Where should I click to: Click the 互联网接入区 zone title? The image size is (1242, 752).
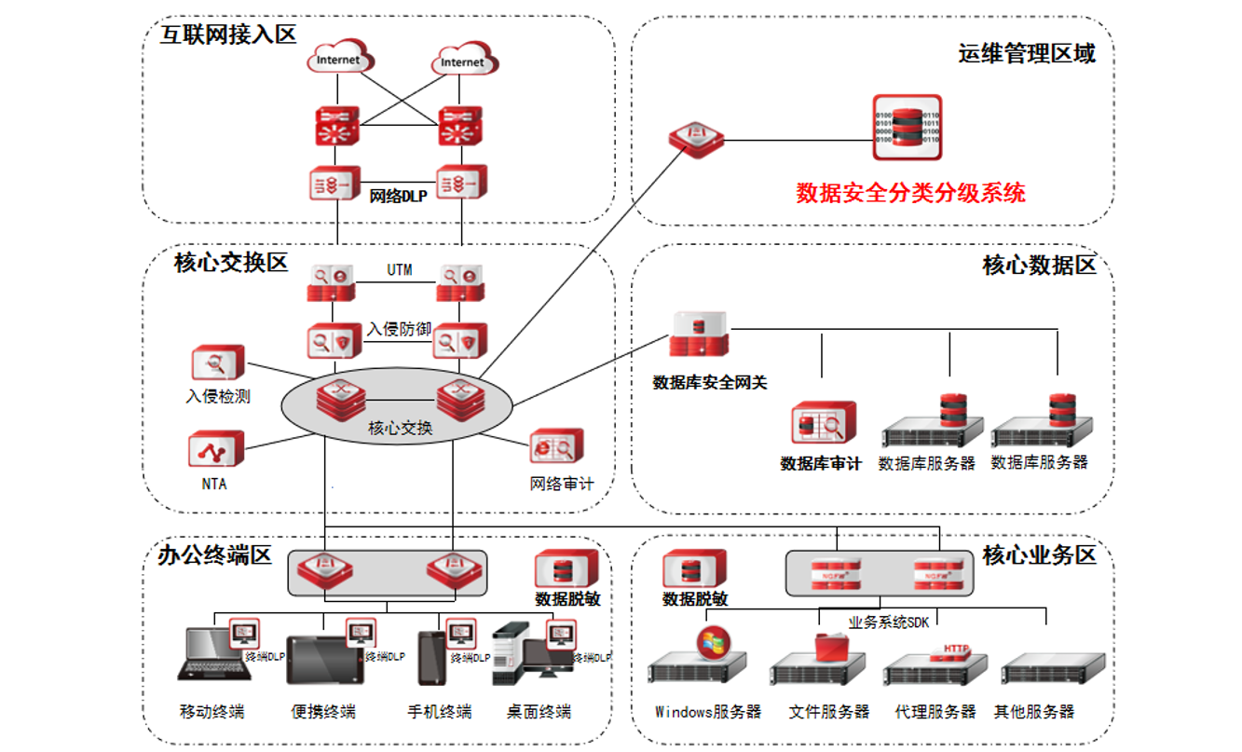point(227,35)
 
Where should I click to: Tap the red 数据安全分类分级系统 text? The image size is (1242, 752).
point(910,193)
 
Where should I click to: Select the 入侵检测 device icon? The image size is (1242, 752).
point(217,363)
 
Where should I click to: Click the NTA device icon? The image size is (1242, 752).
point(215,449)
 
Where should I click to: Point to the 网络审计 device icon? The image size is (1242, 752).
point(556,448)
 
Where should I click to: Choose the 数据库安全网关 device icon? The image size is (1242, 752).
point(700,335)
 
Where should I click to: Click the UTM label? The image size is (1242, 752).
point(400,271)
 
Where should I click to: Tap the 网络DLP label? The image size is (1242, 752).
point(398,197)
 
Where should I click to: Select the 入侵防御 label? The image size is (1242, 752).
point(399,329)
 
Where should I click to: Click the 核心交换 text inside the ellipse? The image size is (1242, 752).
point(401,429)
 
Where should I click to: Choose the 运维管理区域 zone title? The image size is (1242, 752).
point(1027,53)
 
